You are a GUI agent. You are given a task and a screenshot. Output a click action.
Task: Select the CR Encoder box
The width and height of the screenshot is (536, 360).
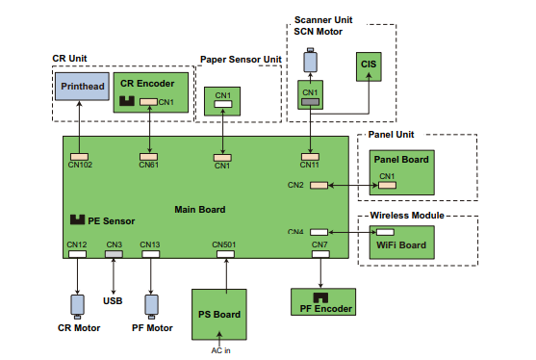pyautogui.click(x=148, y=92)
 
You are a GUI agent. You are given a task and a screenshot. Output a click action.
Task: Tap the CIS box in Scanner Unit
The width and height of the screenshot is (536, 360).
pyautogui.click(x=369, y=64)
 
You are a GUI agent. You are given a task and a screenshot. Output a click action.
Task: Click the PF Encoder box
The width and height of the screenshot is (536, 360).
pyautogui.click(x=321, y=301)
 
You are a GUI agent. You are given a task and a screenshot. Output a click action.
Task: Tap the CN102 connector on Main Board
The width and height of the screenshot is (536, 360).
pyautogui.click(x=80, y=156)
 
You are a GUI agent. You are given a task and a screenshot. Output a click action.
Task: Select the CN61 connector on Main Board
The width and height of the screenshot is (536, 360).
pyautogui.click(x=148, y=156)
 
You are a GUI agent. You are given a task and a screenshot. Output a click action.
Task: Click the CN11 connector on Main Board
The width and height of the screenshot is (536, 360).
pyautogui.click(x=310, y=156)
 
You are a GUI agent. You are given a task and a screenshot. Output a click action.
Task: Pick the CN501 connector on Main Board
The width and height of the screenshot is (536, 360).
pyautogui.click(x=225, y=253)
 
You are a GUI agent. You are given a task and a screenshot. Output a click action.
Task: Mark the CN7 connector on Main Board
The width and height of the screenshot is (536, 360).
pyautogui.click(x=320, y=253)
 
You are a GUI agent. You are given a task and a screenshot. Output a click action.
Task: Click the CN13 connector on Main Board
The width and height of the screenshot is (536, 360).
pyautogui.click(x=150, y=253)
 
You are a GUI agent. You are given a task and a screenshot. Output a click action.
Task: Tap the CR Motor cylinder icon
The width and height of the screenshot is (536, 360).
pyautogui.click(x=77, y=305)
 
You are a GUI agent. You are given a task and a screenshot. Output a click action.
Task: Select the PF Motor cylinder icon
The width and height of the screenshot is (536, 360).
pyautogui.click(x=150, y=305)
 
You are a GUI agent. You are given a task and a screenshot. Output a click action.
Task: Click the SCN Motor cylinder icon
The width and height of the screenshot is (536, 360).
pyautogui.click(x=310, y=62)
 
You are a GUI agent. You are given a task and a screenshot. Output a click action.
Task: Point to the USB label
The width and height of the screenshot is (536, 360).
pyautogui.click(x=114, y=300)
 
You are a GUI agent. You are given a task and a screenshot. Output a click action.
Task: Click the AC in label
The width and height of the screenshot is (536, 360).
pyautogui.click(x=221, y=350)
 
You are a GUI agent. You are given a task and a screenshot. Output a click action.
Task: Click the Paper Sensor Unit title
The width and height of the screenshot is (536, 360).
pyautogui.click(x=241, y=60)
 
